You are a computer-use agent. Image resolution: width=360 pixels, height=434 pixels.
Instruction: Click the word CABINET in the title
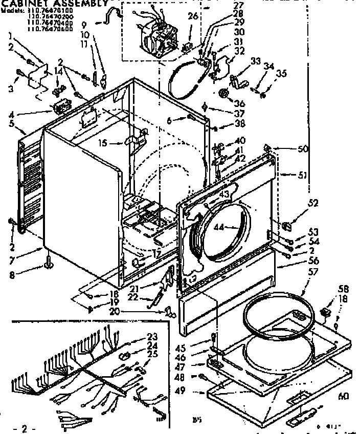pyautogui.click(x=21, y=3)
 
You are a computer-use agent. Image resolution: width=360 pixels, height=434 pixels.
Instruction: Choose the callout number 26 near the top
pyautogui.click(x=192, y=16)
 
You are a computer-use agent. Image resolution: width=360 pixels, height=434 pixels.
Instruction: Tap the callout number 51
pyautogui.click(x=301, y=175)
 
